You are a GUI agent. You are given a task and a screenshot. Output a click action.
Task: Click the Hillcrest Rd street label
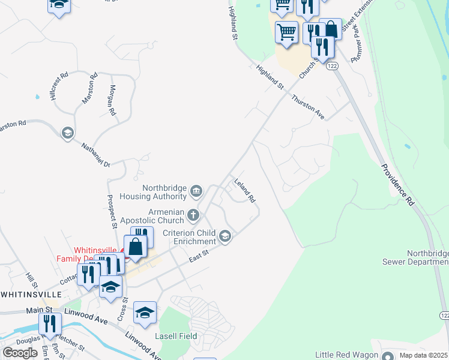click(60, 86)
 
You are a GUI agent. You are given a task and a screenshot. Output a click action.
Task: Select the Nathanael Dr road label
click(97, 154)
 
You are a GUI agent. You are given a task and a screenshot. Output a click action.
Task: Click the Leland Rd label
click(245, 191)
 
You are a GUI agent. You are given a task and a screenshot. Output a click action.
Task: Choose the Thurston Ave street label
click(308, 107)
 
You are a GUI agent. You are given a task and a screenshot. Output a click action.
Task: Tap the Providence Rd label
click(397, 184)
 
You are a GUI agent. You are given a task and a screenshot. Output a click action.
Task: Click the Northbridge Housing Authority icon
click(196, 191)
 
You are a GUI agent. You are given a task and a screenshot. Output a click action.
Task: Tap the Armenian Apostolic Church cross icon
click(193, 214)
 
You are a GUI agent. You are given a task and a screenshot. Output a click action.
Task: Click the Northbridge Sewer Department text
click(415, 257)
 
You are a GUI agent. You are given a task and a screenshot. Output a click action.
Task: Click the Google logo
click(20, 352)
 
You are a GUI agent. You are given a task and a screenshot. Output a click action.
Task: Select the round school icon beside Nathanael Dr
click(68, 132)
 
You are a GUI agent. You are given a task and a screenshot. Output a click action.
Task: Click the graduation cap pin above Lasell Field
click(145, 313)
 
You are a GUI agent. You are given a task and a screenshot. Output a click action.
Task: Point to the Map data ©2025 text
click(423, 355)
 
